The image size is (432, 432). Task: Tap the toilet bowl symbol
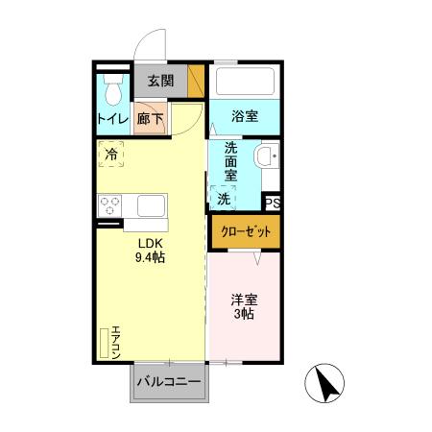point(113,90)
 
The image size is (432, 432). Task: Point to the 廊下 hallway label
point(149,119)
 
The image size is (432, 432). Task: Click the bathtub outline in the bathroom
point(246,81)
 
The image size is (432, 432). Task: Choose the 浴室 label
point(246,117)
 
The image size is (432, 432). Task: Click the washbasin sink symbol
point(267,156)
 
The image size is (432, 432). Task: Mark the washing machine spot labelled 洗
point(224,199)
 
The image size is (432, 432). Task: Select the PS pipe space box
point(274,203)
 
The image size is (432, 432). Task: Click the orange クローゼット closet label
point(246,231)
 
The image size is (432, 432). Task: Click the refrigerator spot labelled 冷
point(112,154)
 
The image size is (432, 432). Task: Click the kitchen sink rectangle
point(153,205)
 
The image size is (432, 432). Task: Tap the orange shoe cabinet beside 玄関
point(197,81)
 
